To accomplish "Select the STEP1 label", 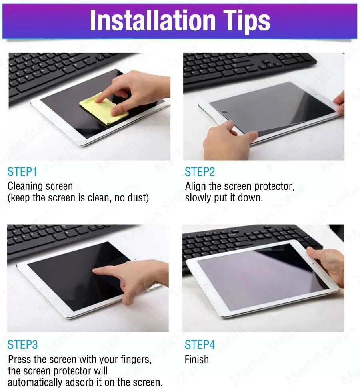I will click(22, 172).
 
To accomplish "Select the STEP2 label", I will click(200, 172).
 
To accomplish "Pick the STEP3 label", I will click(23, 345).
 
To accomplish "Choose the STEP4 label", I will click(200, 345).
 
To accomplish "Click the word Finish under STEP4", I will click(196, 360).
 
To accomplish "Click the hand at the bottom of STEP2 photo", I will click(226, 142).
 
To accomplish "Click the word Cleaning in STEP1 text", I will click(25, 186).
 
